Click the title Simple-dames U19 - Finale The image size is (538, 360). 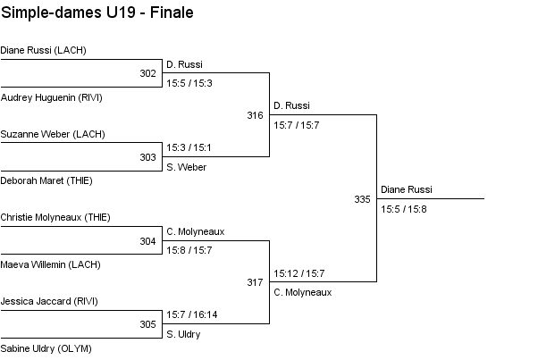pos(97,13)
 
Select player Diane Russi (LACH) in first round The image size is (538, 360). pos(43,50)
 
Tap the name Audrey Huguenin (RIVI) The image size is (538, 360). pos(52,96)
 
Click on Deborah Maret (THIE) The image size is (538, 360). pos(46,180)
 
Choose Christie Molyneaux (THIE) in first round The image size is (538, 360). pos(55,217)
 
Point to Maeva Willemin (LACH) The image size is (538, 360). pos(50,264)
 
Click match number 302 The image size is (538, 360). pos(147,73)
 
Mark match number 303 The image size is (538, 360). pos(147,157)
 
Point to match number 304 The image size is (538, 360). pos(147,241)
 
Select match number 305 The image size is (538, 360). pos(147,325)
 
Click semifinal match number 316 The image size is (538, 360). pos(255,115)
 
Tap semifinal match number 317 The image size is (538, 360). pos(255,283)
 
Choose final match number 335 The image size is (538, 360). pos(362,199)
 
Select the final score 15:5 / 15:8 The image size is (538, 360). pos(403,209)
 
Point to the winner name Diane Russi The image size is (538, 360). pos(407,189)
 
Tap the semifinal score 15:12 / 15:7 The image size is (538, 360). pos(298,272)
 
